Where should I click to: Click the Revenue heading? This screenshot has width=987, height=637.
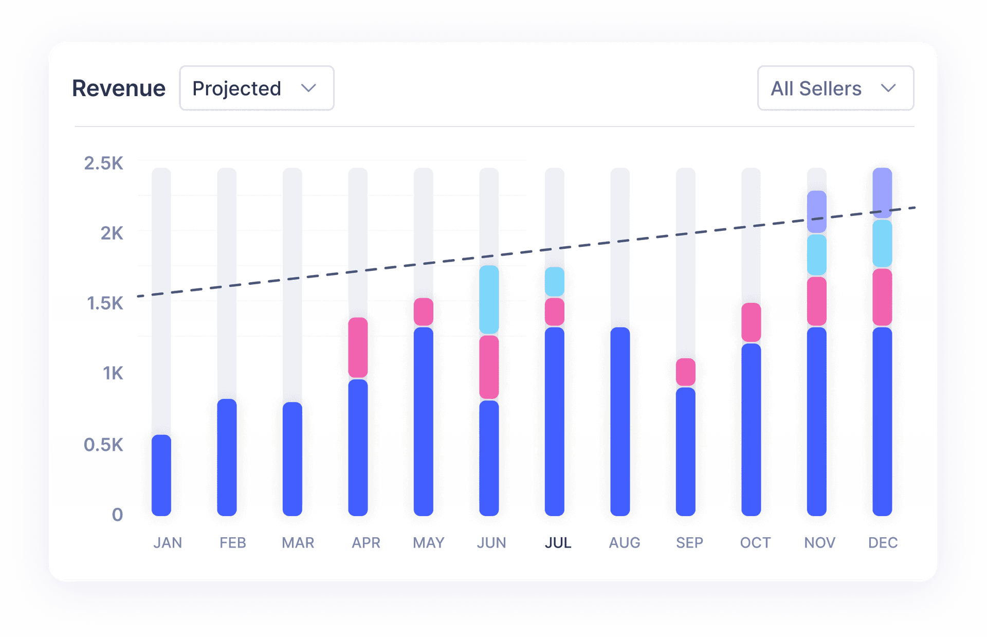119,88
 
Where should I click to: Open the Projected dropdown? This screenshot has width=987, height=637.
257,88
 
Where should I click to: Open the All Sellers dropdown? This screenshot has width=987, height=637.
835,88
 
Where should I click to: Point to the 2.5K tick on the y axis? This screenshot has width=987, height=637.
103,163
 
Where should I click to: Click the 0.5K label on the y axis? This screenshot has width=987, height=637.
103,445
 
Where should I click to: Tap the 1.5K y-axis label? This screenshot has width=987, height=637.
105,303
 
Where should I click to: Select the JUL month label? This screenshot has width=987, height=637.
558,543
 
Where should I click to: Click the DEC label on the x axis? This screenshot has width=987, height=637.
883,543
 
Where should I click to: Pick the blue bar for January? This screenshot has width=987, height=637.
161,475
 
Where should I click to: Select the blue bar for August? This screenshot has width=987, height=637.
620,421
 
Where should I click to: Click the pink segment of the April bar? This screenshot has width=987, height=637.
358,348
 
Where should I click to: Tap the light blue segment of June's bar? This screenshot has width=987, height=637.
489,299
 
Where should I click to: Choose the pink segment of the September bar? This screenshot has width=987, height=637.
685,372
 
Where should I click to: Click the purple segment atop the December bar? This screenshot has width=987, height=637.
882,192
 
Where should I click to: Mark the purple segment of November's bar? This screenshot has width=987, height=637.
816,211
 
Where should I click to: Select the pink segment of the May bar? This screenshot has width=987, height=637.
423,312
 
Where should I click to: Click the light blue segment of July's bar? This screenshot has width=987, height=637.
554,281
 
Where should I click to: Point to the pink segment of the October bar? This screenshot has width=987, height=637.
751,322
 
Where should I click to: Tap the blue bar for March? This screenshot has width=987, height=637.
293,459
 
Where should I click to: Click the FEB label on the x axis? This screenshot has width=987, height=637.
232,543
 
